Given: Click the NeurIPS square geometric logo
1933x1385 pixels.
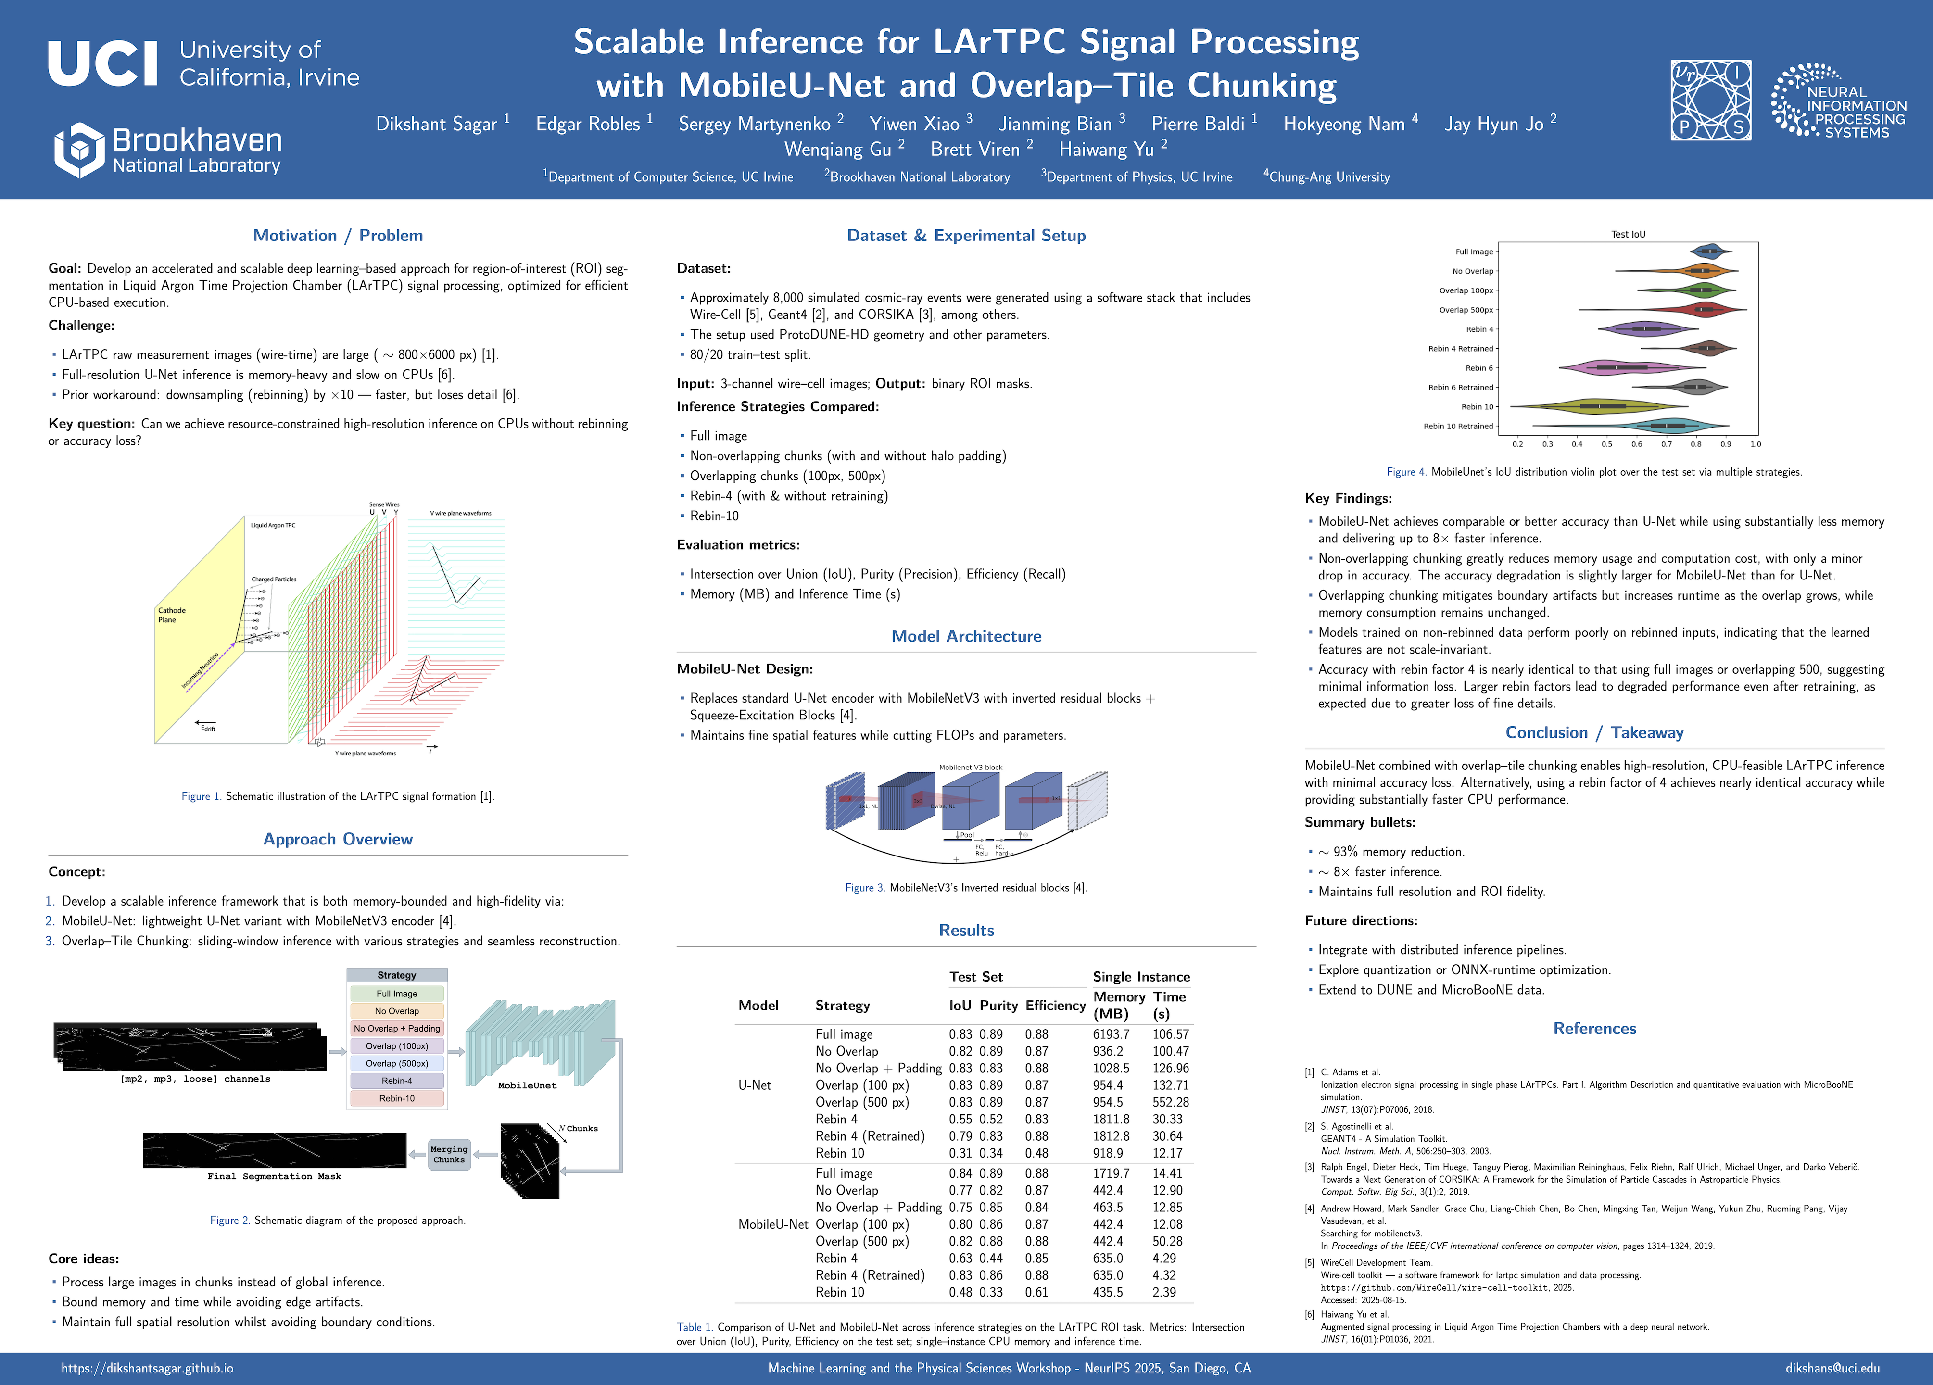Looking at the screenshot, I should click(1710, 100).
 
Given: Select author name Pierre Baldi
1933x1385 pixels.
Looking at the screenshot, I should click(1198, 125).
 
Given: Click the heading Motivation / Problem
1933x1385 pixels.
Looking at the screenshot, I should click(338, 235).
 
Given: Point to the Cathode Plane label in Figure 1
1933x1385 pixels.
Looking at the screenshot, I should click(171, 615).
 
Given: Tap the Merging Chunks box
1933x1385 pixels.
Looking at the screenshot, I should click(449, 1155).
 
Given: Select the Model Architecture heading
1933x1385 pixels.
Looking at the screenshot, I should click(966, 636).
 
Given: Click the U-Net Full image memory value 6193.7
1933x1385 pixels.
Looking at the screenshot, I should click(1111, 1034).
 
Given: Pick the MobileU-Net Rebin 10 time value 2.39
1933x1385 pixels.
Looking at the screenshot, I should click(1164, 1292).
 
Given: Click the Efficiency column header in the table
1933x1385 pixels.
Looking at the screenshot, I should click(1055, 1006).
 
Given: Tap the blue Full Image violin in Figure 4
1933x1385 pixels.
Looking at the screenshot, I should click(1709, 252).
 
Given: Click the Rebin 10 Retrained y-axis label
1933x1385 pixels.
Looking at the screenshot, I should click(1458, 426).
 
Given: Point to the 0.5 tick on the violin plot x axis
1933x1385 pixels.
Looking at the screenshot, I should click(1606, 444).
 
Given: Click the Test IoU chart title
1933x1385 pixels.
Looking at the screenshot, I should click(1628, 234).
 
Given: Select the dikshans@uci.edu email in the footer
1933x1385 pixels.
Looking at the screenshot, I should click(1832, 1368).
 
